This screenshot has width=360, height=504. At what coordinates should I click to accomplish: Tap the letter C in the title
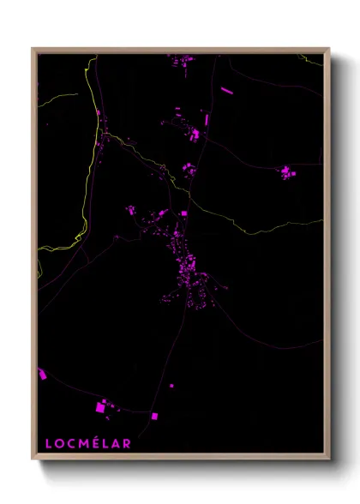click(x=73, y=443)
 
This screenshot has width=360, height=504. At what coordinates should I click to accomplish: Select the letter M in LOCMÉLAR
click(x=86, y=443)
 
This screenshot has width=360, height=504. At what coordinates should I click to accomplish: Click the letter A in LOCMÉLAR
click(x=117, y=443)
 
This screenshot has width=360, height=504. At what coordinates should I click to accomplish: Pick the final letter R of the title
click(x=128, y=443)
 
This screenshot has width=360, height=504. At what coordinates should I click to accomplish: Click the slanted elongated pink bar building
click(x=226, y=89)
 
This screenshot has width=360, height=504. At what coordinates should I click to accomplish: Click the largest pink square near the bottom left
click(x=99, y=408)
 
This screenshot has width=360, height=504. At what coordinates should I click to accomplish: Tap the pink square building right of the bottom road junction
click(x=155, y=417)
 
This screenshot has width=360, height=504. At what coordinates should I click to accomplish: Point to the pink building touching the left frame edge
click(x=41, y=374)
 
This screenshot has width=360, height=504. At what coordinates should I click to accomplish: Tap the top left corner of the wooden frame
click(x=33, y=49)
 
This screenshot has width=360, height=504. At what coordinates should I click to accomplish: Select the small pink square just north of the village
click(x=183, y=213)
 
